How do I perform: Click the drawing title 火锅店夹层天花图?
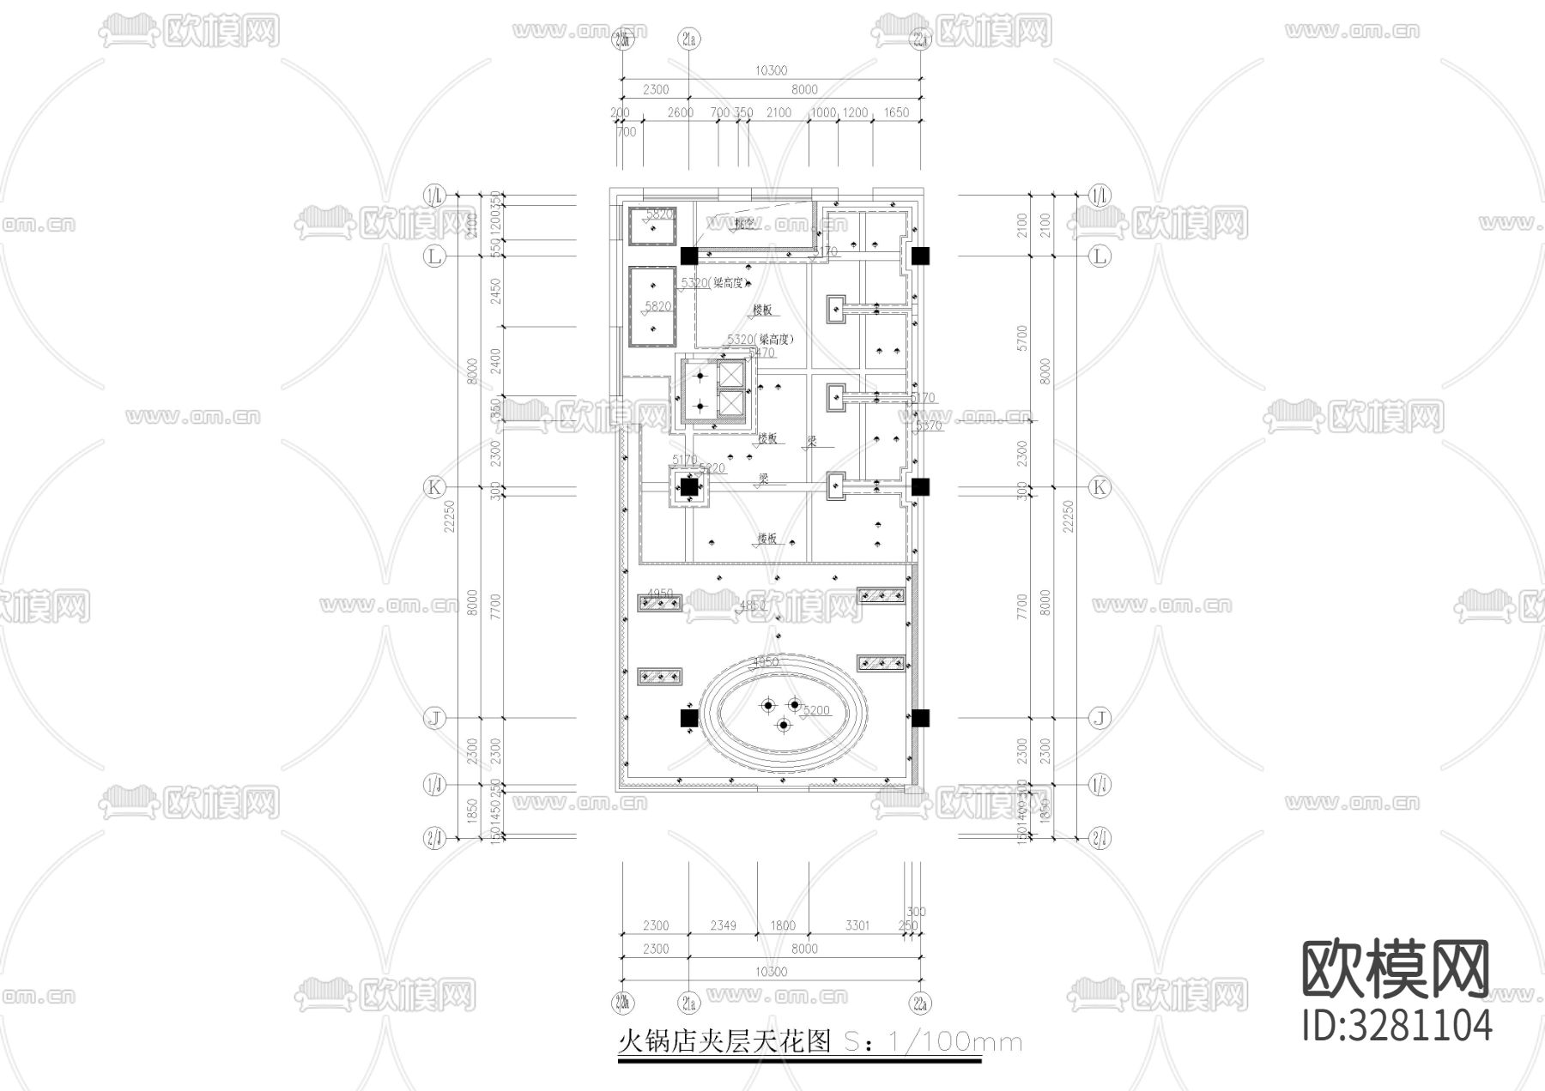[725, 1041]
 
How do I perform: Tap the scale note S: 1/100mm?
[934, 1042]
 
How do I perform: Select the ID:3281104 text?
[1397, 1025]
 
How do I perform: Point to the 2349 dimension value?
[724, 925]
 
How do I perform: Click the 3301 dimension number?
[857, 925]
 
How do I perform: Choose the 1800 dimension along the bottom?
[783, 925]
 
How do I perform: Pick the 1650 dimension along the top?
[895, 112]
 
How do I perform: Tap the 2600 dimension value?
[680, 112]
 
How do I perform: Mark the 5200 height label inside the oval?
[816, 710]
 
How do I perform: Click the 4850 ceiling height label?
[752, 606]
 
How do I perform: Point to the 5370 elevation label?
[929, 425]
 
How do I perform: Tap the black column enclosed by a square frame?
[688, 488]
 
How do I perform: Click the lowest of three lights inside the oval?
[783, 726]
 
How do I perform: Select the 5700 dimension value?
[1021, 337]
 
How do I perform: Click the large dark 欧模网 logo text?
[1396, 968]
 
